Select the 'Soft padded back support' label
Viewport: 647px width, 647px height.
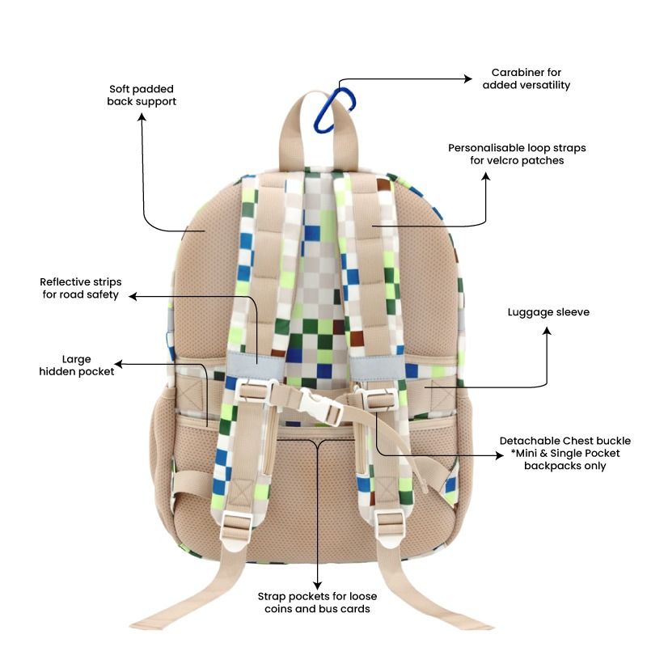142,95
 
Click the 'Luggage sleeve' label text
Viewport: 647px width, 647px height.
548,312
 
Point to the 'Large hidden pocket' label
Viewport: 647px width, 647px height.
77,365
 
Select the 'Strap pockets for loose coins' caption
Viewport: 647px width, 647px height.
318,602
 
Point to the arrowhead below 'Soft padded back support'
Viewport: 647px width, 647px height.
142,117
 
